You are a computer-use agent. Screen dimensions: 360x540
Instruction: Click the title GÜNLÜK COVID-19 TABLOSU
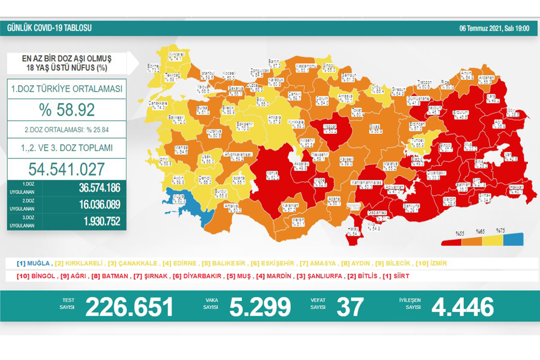(x=49, y=28)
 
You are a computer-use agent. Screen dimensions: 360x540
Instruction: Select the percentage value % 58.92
(x=67, y=110)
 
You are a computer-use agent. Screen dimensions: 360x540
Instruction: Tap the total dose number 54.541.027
(x=67, y=169)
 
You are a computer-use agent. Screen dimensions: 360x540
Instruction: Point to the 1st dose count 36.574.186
(x=99, y=188)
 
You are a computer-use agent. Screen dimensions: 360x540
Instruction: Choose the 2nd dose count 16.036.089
(x=99, y=204)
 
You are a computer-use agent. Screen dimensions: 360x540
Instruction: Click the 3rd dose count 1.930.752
(x=102, y=221)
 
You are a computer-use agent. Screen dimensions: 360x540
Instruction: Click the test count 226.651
(x=129, y=307)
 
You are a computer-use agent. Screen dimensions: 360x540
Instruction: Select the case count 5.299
(x=260, y=307)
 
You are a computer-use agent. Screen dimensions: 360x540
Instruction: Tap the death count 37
(x=350, y=307)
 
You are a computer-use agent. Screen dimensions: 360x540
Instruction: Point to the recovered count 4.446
(x=463, y=307)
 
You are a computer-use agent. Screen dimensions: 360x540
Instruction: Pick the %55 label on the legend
(x=460, y=234)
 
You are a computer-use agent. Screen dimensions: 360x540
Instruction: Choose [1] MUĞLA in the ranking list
(x=33, y=264)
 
